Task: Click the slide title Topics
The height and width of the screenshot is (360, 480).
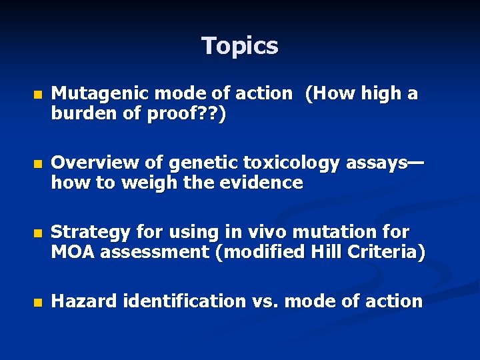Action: click(240, 46)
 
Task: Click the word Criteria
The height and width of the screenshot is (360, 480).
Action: click(384, 252)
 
